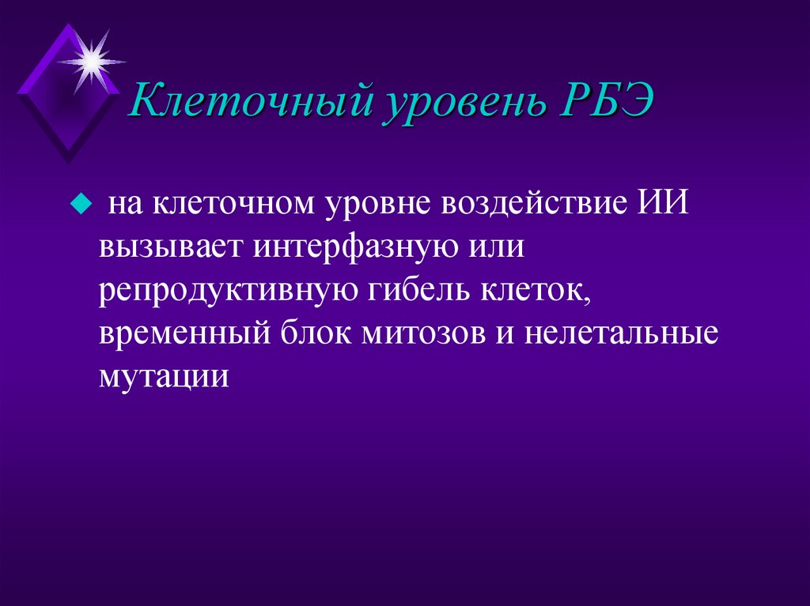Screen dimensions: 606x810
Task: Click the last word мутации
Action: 165,376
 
